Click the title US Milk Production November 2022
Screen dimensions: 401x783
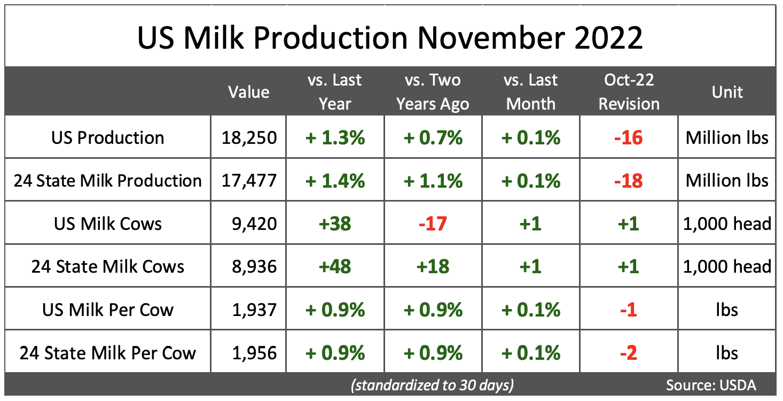[x=390, y=37]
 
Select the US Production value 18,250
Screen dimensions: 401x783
[x=249, y=137]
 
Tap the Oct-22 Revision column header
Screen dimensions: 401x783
[x=629, y=92]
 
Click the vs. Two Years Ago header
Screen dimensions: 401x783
[x=433, y=92]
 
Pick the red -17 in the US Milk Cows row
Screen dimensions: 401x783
[x=433, y=223]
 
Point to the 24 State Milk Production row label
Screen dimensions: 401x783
[x=108, y=181]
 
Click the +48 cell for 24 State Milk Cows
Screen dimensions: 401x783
[x=335, y=266]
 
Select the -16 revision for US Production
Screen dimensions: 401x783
[x=629, y=137]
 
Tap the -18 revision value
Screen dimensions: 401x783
[x=629, y=181]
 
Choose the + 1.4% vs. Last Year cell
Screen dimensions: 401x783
[x=335, y=181]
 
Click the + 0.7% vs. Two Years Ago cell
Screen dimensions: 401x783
[x=433, y=137]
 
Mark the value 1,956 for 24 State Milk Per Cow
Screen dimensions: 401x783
[x=249, y=353]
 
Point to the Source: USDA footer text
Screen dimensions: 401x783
[x=711, y=385]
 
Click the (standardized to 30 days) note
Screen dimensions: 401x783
[x=432, y=385]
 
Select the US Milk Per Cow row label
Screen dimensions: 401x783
[x=108, y=310]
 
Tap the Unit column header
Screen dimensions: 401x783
[x=727, y=92]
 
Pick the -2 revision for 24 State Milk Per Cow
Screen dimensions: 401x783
[x=629, y=353]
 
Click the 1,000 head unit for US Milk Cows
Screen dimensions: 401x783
[x=727, y=223]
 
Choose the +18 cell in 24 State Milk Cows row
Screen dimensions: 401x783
[x=433, y=266]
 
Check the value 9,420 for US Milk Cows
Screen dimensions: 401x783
[x=249, y=223]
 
